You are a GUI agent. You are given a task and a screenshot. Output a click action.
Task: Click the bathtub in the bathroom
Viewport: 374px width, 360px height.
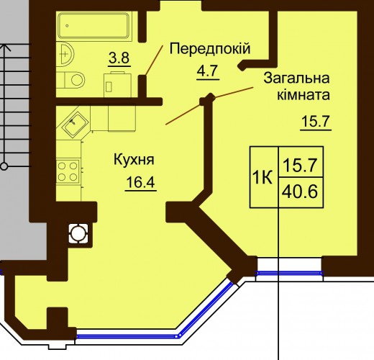[x=94, y=26]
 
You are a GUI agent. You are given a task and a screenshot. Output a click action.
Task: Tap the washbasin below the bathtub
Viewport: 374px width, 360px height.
[x=65, y=54]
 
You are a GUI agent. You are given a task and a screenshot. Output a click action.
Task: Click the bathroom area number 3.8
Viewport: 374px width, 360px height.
[x=119, y=58]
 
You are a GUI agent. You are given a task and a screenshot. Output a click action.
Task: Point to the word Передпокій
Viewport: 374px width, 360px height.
[x=210, y=49]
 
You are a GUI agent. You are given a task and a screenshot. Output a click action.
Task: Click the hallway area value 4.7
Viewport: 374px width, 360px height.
[x=207, y=71]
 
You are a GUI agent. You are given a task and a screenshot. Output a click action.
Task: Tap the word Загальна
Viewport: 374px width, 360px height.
[x=296, y=78]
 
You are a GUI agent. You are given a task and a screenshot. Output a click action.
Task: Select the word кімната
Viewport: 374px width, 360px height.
[x=304, y=94]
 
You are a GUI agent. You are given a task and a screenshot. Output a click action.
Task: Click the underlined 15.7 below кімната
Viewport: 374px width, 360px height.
[x=316, y=122]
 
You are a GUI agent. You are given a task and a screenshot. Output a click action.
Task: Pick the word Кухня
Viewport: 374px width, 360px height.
[x=134, y=160]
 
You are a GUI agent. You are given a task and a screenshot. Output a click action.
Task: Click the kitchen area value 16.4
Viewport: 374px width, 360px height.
[x=141, y=182]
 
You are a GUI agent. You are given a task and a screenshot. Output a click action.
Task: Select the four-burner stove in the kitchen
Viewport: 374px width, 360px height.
[x=68, y=171]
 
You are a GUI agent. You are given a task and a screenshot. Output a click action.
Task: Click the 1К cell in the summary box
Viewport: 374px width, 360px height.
[x=263, y=177]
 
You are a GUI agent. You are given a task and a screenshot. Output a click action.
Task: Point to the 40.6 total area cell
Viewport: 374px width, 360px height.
[x=301, y=192]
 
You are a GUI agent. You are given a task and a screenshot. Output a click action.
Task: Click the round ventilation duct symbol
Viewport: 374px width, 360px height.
[x=78, y=233]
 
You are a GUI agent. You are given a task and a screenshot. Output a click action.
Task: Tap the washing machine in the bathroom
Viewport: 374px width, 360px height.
[x=117, y=84]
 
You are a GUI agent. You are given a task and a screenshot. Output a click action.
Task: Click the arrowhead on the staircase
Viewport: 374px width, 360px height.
[x=4, y=48]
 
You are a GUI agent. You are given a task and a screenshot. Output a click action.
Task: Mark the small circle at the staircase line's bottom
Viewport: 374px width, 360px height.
[x=4, y=166]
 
